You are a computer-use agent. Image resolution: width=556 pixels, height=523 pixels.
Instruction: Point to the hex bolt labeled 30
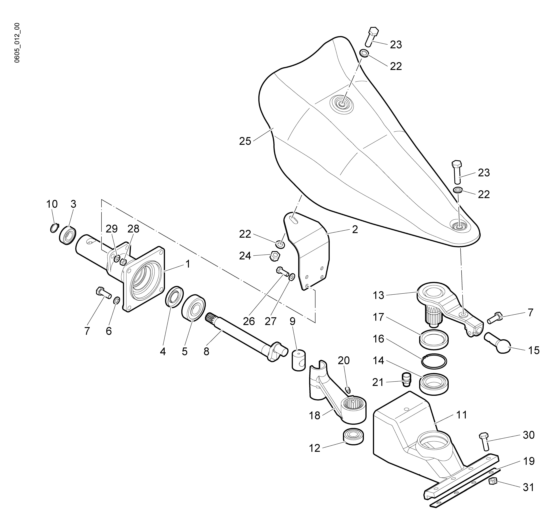[484, 442]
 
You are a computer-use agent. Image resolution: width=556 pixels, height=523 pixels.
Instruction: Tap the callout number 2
[355, 230]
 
